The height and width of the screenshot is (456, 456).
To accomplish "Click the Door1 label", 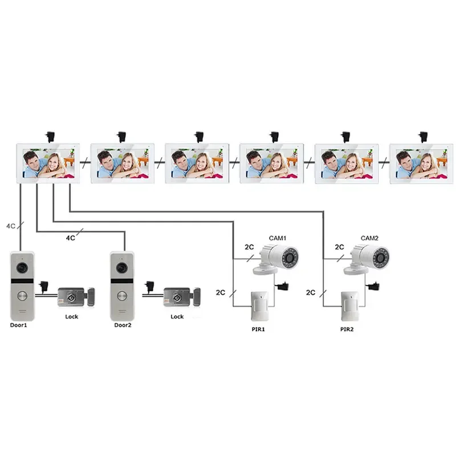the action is click(19, 325).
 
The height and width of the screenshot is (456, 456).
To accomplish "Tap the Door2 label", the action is click(123, 325).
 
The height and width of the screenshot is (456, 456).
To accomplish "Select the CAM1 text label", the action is click(277, 238).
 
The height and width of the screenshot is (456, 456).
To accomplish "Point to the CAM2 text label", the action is click(369, 238).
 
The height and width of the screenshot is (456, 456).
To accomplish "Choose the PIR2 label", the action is click(347, 329).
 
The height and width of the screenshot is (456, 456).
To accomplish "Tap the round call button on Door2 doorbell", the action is click(121, 296).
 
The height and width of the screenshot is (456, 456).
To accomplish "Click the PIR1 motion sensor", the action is click(260, 306).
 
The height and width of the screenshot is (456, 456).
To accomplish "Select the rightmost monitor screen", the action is click(417, 164).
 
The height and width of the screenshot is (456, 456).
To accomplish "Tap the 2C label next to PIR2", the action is click(311, 292).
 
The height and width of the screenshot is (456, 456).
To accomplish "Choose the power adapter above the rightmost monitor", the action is click(423, 136).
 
